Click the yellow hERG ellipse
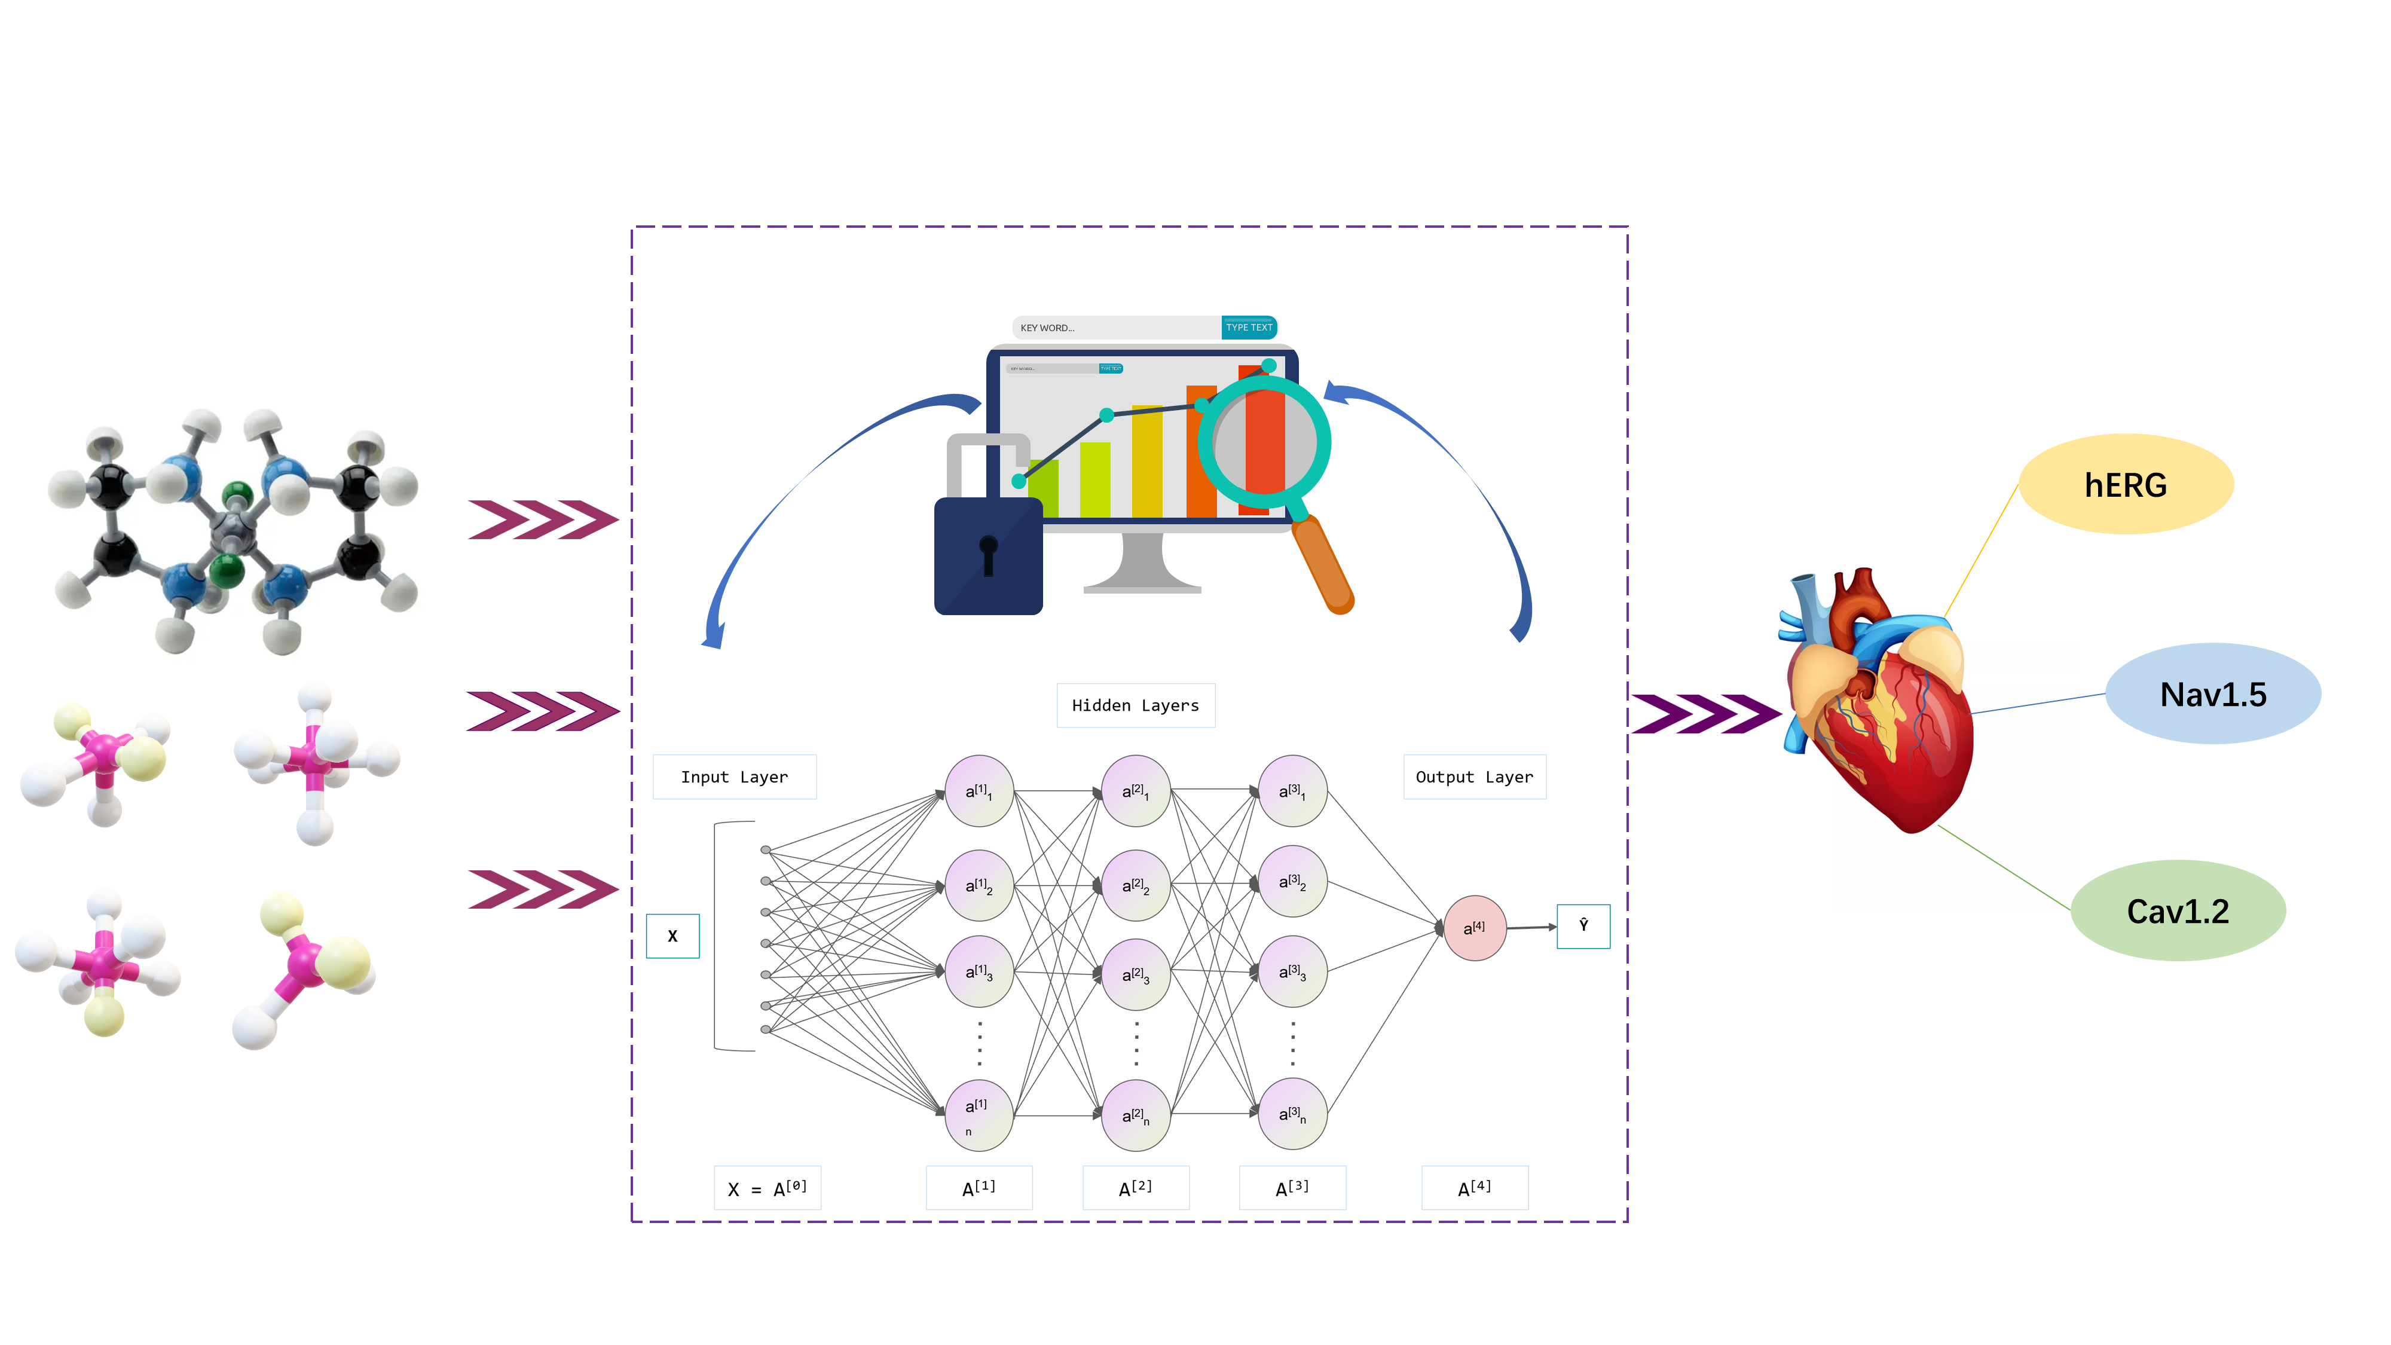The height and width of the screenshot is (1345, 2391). coord(2126,485)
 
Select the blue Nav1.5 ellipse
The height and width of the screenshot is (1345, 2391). coord(2213,694)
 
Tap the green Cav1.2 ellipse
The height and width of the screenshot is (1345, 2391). coord(2178,910)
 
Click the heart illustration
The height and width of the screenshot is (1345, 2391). coord(1879,705)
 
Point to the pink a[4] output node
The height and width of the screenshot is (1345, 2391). coord(1474,927)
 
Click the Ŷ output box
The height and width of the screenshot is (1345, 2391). coord(1583,925)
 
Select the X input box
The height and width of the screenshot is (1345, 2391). coord(672,936)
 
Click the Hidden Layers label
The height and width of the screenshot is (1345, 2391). coord(1135,705)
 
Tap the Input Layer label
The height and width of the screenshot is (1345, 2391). coord(734,777)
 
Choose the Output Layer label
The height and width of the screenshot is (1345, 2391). coord(1474,777)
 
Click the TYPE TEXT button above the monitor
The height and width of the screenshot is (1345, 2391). coord(1249,328)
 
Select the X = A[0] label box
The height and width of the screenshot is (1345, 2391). coord(768,1188)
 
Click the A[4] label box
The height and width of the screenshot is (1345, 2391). coord(1474,1188)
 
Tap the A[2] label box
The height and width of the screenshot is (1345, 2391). coord(1135,1188)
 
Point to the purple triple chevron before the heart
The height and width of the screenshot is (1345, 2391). coord(1704,714)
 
